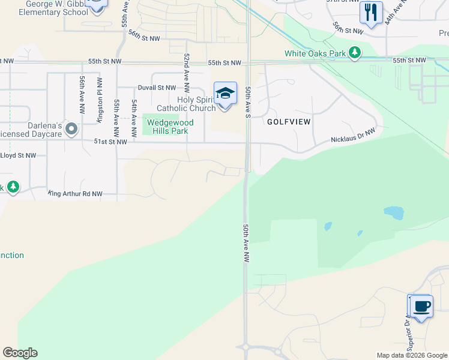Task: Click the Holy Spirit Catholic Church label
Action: [186, 104]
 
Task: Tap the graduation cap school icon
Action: [225, 94]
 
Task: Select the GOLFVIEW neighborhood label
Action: [289, 121]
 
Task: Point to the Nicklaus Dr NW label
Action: [353, 135]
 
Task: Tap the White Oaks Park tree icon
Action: [355, 53]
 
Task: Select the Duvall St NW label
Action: [157, 88]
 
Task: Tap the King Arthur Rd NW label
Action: [76, 194]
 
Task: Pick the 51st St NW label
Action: [110, 142]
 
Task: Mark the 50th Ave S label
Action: [247, 101]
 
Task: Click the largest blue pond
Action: [394, 212]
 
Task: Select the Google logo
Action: [20, 353]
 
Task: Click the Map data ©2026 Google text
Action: [411, 355]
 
